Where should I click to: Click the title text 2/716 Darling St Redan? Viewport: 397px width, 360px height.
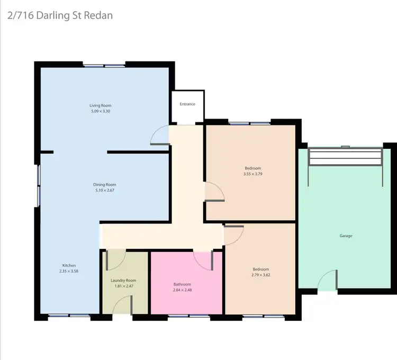click(x=60, y=15)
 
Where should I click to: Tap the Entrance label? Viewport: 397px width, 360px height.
click(x=187, y=104)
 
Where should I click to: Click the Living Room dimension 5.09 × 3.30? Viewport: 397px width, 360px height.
click(x=100, y=111)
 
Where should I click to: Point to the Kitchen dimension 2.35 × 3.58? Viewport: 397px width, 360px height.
click(x=69, y=271)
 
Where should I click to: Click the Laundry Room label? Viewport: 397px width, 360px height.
click(x=123, y=281)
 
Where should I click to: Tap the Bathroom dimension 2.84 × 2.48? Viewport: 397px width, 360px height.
click(x=182, y=290)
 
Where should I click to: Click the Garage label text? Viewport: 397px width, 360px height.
click(x=346, y=236)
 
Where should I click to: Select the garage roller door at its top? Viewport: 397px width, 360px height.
click(x=345, y=157)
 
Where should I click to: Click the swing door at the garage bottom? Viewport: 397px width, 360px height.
click(x=329, y=281)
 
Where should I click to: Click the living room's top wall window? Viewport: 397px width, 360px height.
click(x=104, y=66)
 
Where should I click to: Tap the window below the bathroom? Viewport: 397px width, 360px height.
click(x=188, y=317)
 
